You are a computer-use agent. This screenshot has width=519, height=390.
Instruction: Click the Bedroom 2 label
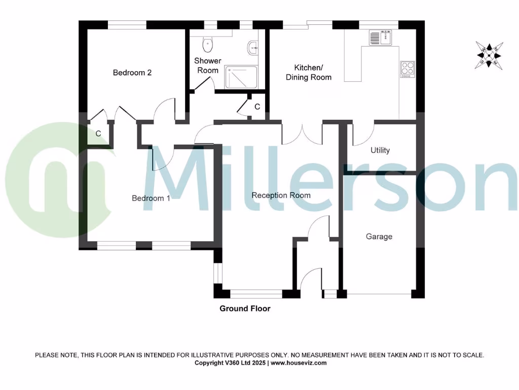(x=132, y=73)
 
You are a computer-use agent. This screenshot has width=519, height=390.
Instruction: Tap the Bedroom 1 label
(x=151, y=198)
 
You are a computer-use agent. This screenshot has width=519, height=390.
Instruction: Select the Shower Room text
(x=208, y=66)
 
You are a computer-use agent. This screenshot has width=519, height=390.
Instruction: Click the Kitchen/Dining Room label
(x=309, y=73)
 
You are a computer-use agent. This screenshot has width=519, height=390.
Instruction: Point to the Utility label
(x=380, y=150)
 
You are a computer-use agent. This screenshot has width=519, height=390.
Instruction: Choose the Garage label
(x=379, y=237)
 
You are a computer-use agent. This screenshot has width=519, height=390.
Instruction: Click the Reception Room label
(x=281, y=196)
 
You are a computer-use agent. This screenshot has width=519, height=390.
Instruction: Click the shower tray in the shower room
(x=241, y=77)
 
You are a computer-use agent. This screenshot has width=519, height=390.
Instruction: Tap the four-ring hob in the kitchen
(x=407, y=68)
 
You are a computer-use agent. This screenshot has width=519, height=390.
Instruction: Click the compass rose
(x=490, y=55)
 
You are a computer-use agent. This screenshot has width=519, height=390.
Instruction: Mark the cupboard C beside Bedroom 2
(x=98, y=135)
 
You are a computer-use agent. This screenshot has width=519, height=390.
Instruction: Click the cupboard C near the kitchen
(x=257, y=107)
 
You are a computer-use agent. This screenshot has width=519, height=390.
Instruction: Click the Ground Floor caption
(x=245, y=309)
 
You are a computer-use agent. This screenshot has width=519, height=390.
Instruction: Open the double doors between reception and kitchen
(x=302, y=133)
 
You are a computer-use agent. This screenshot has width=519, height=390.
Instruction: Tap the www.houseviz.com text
(x=299, y=363)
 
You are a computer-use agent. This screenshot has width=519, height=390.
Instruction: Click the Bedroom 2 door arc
(x=165, y=109)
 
